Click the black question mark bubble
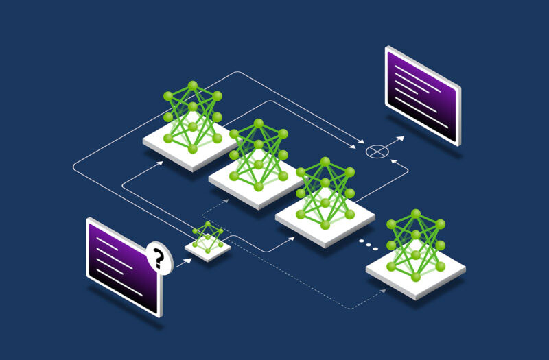coord(159,259)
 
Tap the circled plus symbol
coord(375,150)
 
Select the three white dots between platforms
coord(369,245)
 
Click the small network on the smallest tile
coord(207,237)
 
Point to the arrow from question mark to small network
coord(183,261)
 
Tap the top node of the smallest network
coord(207,224)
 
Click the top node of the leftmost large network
coord(193,85)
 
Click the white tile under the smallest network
coord(208,250)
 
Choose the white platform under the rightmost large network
coord(416,271)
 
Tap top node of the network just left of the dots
coord(325,161)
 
